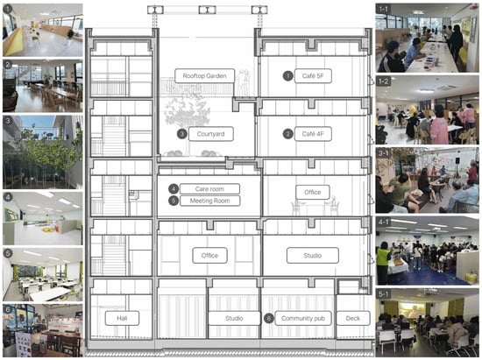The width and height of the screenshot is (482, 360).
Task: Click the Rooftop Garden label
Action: pyautogui.click(x=204, y=76)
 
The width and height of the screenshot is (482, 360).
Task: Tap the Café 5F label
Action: pyautogui.click(x=313, y=76)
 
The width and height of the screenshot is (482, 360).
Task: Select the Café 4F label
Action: pyautogui.click(x=313, y=134)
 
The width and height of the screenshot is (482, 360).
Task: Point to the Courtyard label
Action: pyautogui.click(x=210, y=134)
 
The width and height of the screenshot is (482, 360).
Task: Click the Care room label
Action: pyautogui.click(x=209, y=189)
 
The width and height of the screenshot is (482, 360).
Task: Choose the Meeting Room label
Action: pyautogui.click(x=209, y=201)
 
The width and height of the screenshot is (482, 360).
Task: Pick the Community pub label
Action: pyautogui.click(x=303, y=318)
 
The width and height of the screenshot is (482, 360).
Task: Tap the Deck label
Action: pyautogui.click(x=352, y=318)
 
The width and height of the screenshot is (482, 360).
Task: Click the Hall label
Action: pyautogui.click(x=122, y=318)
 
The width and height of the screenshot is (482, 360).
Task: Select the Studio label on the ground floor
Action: pyautogui.click(x=234, y=318)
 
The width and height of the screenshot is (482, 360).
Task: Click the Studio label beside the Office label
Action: pyautogui.click(x=313, y=256)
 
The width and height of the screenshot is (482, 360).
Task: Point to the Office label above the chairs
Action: pyautogui.click(x=313, y=193)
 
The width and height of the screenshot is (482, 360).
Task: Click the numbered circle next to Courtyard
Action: pyautogui.click(x=182, y=134)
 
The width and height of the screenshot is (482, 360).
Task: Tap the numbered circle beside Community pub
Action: pyautogui.click(x=269, y=318)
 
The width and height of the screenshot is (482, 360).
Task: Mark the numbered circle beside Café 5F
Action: pyautogui.click(x=288, y=76)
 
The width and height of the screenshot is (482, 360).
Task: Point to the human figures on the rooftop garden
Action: pyautogui.click(x=244, y=81)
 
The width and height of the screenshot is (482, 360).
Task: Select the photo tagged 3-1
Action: pyautogui.click(x=427, y=180)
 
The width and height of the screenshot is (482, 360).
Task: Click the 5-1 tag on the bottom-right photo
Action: pyautogui.click(x=383, y=294)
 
